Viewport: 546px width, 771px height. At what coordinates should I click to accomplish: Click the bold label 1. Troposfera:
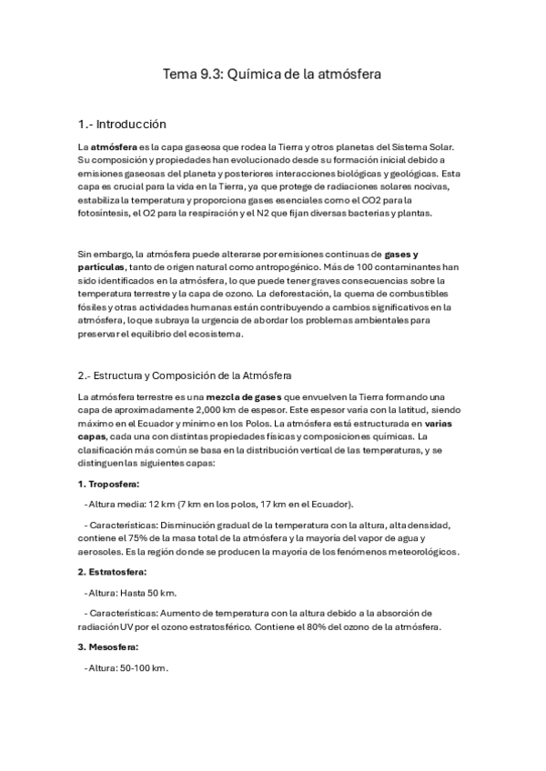pos(108,484)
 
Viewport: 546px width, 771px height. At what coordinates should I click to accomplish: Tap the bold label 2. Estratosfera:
pos(112,572)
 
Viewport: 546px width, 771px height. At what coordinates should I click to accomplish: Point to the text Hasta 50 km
pos(147,594)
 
